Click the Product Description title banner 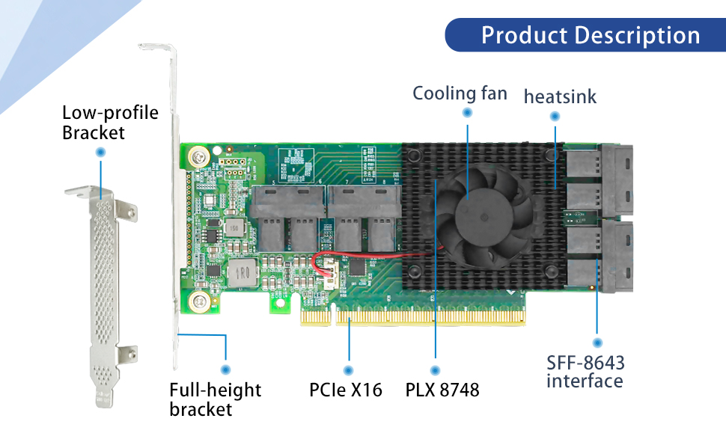tap(585, 35)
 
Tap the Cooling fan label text tap(460, 93)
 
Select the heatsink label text tap(560, 96)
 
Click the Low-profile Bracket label tap(110, 123)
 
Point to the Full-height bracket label tap(216, 399)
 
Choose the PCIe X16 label tap(345, 390)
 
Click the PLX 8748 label tap(442, 390)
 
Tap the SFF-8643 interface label tap(585, 372)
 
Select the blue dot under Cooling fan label tap(467, 112)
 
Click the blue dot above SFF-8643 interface tap(597, 343)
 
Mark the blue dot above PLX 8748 tap(435, 370)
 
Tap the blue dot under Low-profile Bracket tap(100, 152)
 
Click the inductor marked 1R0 tap(242, 272)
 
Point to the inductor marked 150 tap(234, 227)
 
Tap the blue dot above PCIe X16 tap(348, 370)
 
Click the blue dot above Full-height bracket tap(225, 369)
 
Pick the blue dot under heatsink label tap(555, 116)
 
